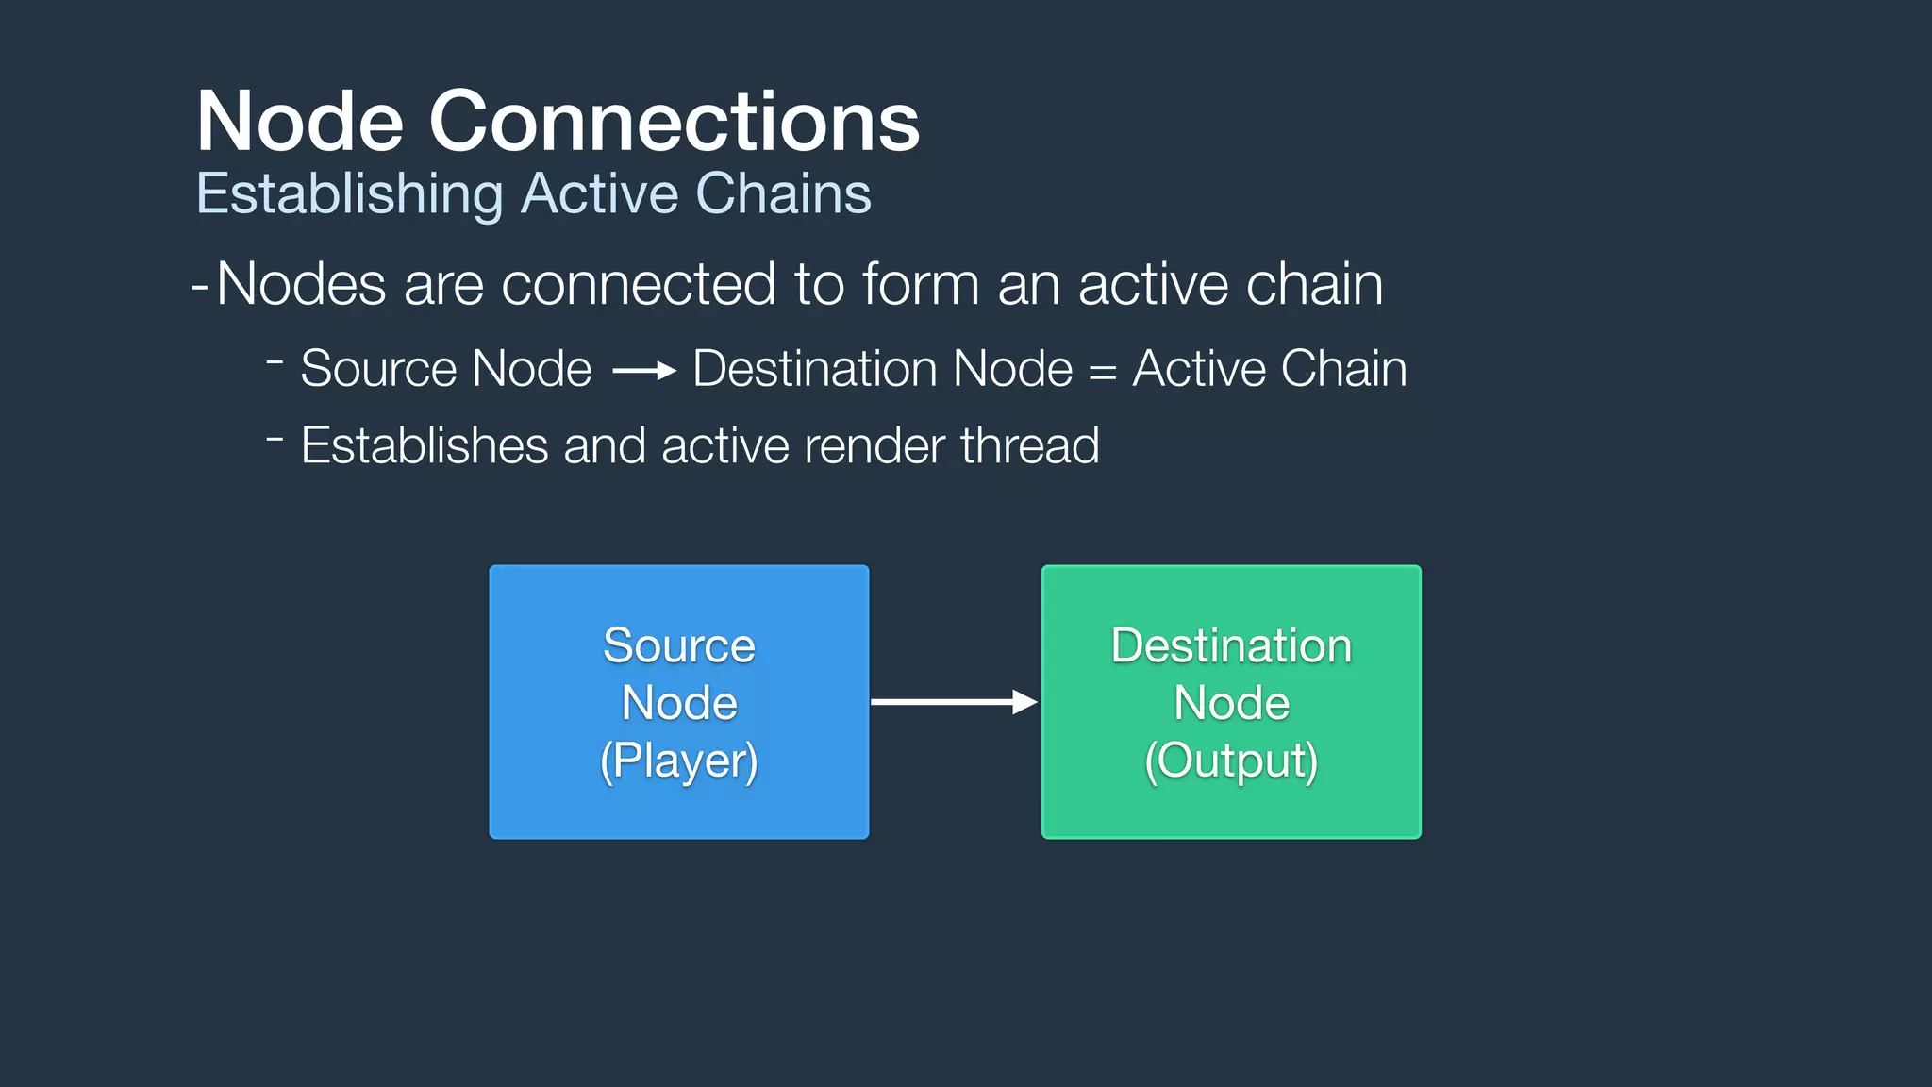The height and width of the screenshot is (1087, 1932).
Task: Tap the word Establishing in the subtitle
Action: pyautogui.click(x=349, y=194)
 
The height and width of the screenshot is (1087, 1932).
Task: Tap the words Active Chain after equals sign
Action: pyautogui.click(x=1269, y=368)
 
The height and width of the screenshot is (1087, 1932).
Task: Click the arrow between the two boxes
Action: pyautogui.click(x=953, y=702)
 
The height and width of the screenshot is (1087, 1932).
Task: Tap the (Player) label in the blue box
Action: pyautogui.click(x=678, y=761)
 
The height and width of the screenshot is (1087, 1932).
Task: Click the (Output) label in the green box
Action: pyautogui.click(x=1230, y=761)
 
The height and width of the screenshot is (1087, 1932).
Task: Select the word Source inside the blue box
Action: pyautogui.click(x=678, y=646)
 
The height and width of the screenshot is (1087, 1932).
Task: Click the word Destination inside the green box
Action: pyautogui.click(x=1230, y=646)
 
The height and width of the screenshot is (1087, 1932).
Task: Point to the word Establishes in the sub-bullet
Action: pyautogui.click(x=424, y=445)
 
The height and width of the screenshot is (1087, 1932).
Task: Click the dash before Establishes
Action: pyautogui.click(x=275, y=439)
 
